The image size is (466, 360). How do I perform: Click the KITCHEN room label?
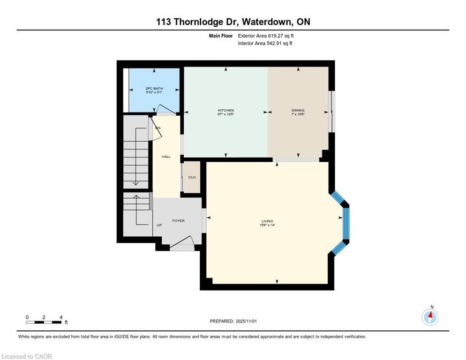click(x=225, y=111)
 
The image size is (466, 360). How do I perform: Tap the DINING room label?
click(x=298, y=111)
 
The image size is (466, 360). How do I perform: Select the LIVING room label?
click(x=267, y=221)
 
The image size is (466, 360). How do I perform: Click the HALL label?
click(x=166, y=157)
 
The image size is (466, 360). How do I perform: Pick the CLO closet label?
click(x=192, y=177)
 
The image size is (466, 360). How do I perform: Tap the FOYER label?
click(x=178, y=220)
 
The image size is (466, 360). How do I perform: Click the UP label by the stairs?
click(x=159, y=225)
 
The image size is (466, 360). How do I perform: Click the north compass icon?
click(x=430, y=317)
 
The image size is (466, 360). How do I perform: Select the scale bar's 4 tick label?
click(x=61, y=317)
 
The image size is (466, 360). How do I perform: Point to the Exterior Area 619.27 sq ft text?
click(x=266, y=36)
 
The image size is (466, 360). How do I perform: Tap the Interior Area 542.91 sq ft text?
click(x=265, y=44)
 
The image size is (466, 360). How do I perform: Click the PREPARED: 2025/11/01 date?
click(x=233, y=321)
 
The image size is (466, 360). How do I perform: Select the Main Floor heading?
click(x=220, y=36)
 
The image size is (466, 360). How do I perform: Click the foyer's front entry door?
click(x=182, y=245)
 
